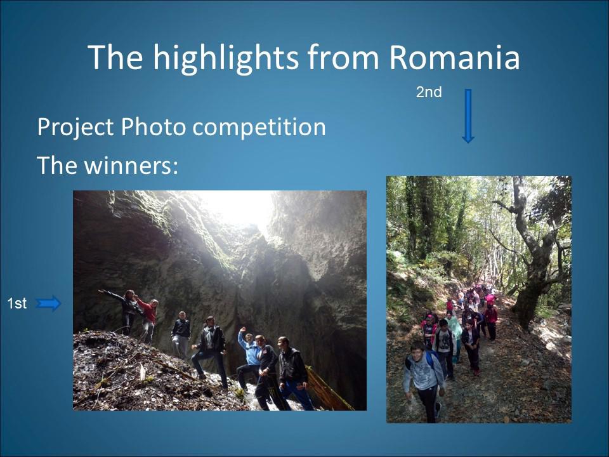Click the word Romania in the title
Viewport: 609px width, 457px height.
point(454,57)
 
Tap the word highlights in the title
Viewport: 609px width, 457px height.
point(226,58)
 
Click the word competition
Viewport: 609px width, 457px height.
point(259,128)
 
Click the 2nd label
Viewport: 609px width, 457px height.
point(429,92)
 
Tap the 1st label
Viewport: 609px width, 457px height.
point(16,303)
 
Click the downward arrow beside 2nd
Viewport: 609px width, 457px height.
point(468,116)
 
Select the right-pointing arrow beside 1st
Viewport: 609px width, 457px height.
point(48,303)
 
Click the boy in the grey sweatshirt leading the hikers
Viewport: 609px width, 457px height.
point(423,381)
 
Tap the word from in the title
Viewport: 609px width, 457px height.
point(343,57)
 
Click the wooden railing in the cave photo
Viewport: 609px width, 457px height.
point(328,388)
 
